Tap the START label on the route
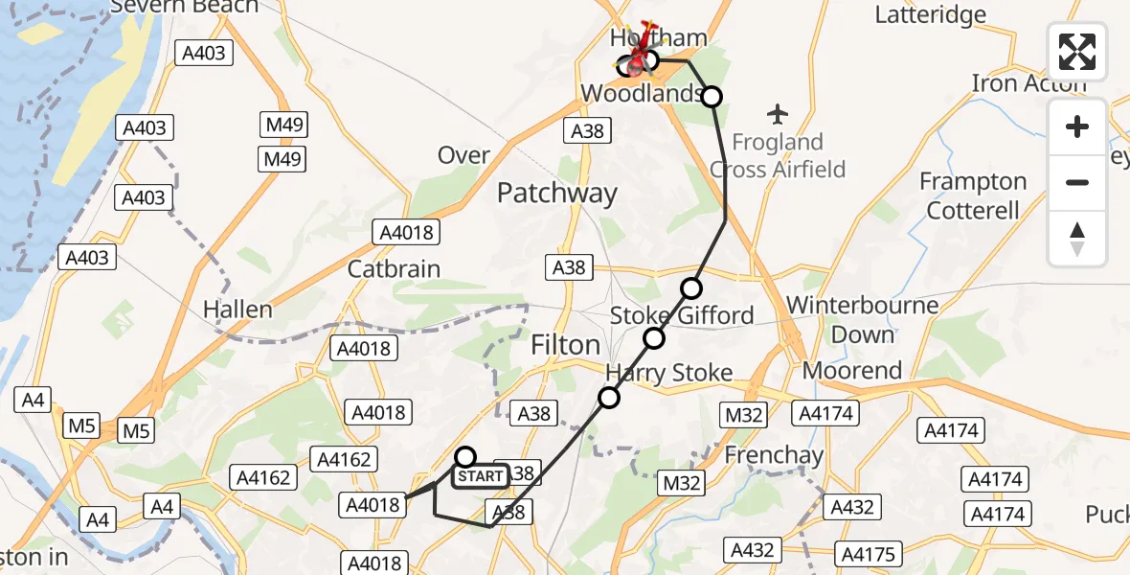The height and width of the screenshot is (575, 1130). pyautogui.click(x=481, y=475)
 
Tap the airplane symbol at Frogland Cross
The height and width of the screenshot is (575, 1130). pyautogui.click(x=778, y=114)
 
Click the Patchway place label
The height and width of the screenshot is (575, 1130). pyautogui.click(x=557, y=193)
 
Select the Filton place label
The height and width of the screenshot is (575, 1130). pyautogui.click(x=566, y=345)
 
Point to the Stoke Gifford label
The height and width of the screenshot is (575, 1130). pyautogui.click(x=682, y=314)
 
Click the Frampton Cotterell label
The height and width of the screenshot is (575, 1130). pyautogui.click(x=973, y=195)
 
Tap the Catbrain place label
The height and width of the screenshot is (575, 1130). pyautogui.click(x=394, y=269)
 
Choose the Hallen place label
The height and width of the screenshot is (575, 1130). pyautogui.click(x=238, y=310)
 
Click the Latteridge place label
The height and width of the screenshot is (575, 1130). pyautogui.click(x=931, y=14)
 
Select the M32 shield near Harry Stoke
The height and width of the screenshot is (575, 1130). pyautogui.click(x=743, y=414)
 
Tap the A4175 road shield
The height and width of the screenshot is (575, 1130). pyautogui.click(x=869, y=554)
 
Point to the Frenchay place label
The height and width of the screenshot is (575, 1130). pyautogui.click(x=774, y=454)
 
